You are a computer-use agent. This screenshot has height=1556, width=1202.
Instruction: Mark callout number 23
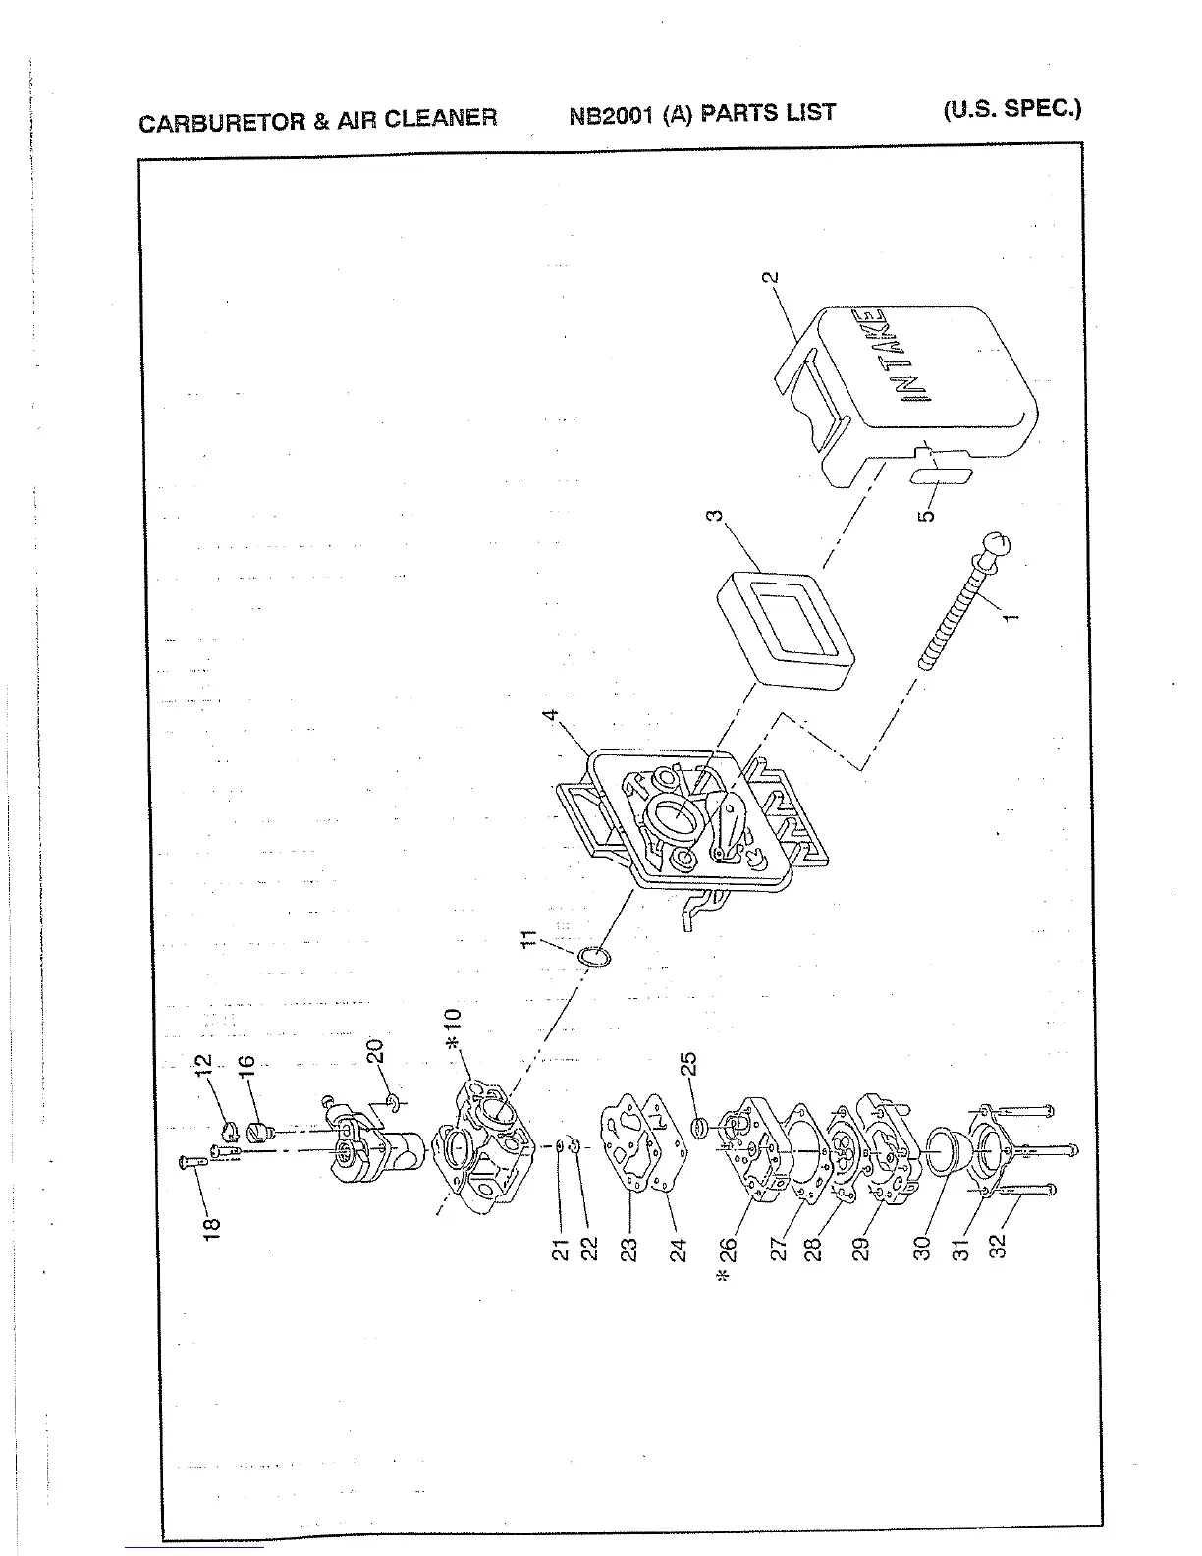pos(629,1249)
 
